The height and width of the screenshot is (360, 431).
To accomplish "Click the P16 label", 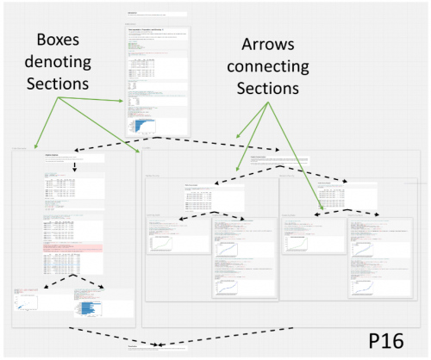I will tap(393, 340).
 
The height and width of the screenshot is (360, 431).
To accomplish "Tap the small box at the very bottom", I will tap(155, 349).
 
